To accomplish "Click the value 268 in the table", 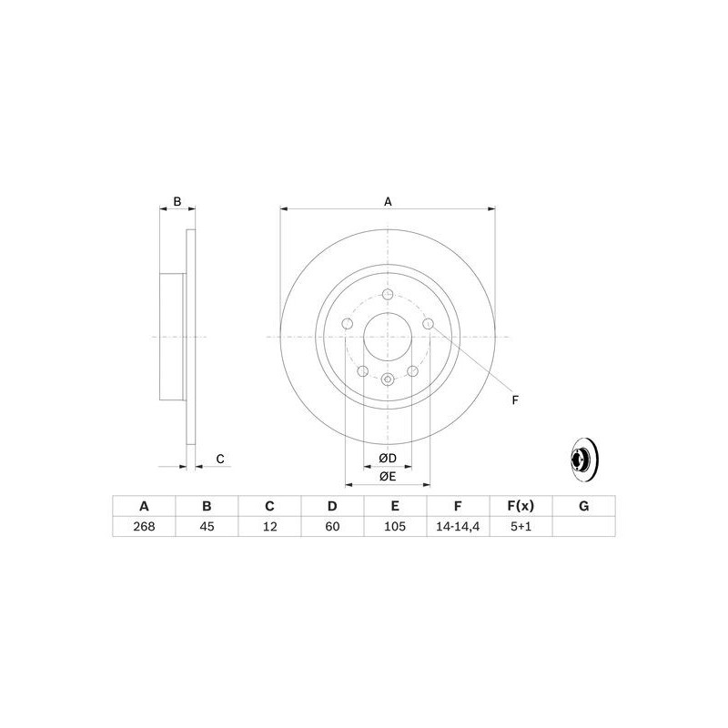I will (143, 527).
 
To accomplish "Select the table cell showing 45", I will (207, 527).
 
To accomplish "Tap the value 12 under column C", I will (269, 527).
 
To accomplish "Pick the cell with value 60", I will (332, 527).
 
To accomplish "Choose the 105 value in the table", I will (395, 527).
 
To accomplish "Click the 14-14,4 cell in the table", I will (458, 527).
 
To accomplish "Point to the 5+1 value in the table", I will (521, 527).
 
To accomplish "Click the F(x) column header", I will (521, 506).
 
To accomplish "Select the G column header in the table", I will (583, 506).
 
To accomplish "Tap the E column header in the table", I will (395, 506).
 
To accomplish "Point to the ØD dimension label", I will (388, 456).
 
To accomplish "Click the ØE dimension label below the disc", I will (388, 475).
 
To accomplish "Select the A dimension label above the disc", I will (388, 201).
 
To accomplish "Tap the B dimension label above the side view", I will (178, 201).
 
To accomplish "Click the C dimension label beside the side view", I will (220, 460).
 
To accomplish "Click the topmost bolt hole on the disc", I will (388, 294).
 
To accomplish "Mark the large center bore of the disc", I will (388, 337).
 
